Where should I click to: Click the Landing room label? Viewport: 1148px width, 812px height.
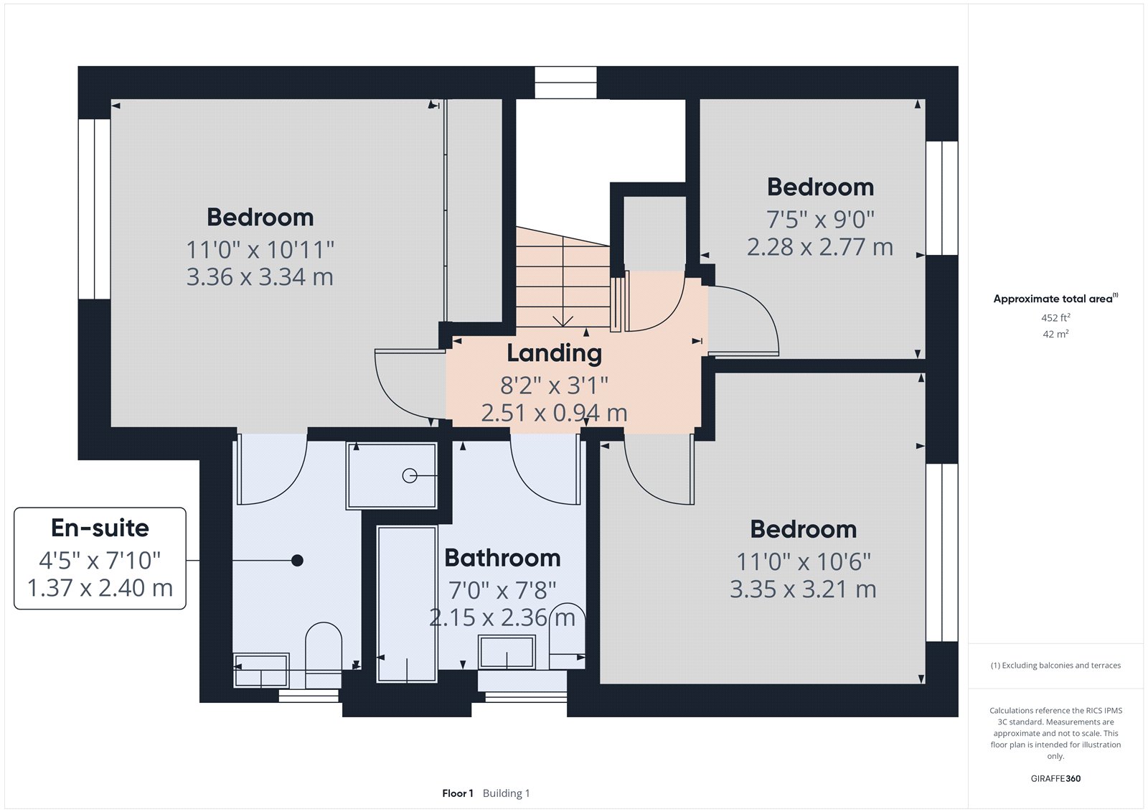[x=554, y=353]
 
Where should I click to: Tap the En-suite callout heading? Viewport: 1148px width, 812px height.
[x=100, y=528]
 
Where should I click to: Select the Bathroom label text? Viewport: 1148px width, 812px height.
[x=502, y=558]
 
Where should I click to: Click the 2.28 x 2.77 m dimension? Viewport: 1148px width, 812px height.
[x=819, y=248]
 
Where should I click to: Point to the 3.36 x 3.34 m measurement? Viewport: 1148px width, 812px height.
[x=260, y=277]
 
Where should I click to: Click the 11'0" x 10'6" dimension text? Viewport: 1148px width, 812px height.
[x=803, y=562]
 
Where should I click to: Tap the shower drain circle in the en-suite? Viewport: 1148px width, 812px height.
[x=410, y=475]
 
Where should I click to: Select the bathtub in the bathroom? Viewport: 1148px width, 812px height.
[x=407, y=603]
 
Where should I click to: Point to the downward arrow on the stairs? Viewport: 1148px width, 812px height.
[x=563, y=319]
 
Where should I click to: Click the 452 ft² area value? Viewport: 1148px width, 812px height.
[x=1055, y=317]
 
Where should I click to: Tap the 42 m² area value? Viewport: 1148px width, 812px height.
[x=1055, y=334]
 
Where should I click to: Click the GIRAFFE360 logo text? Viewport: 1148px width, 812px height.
[x=1055, y=778]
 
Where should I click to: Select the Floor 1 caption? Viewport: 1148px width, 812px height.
[x=458, y=793]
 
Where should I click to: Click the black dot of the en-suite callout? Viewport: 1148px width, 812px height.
[x=297, y=560]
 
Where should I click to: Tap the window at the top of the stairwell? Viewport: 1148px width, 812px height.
[x=565, y=83]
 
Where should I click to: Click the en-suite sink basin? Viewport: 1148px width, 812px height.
[x=261, y=671]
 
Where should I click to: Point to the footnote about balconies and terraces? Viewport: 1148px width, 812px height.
[x=1055, y=666]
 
